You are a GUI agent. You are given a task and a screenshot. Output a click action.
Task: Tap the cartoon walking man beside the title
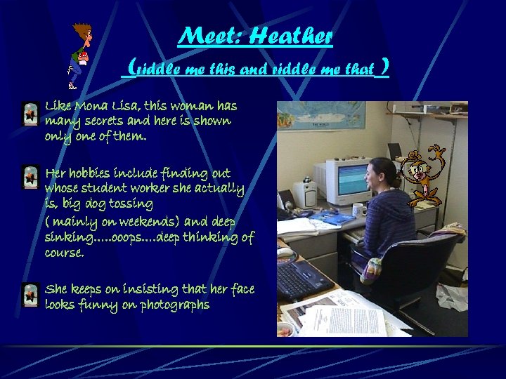pyautogui.click(x=80, y=56)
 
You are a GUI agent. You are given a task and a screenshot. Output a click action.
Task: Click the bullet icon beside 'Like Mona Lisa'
pyautogui.click(x=30, y=114)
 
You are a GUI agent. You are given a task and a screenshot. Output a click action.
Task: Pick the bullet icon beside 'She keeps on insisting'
pyautogui.click(x=30, y=295)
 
